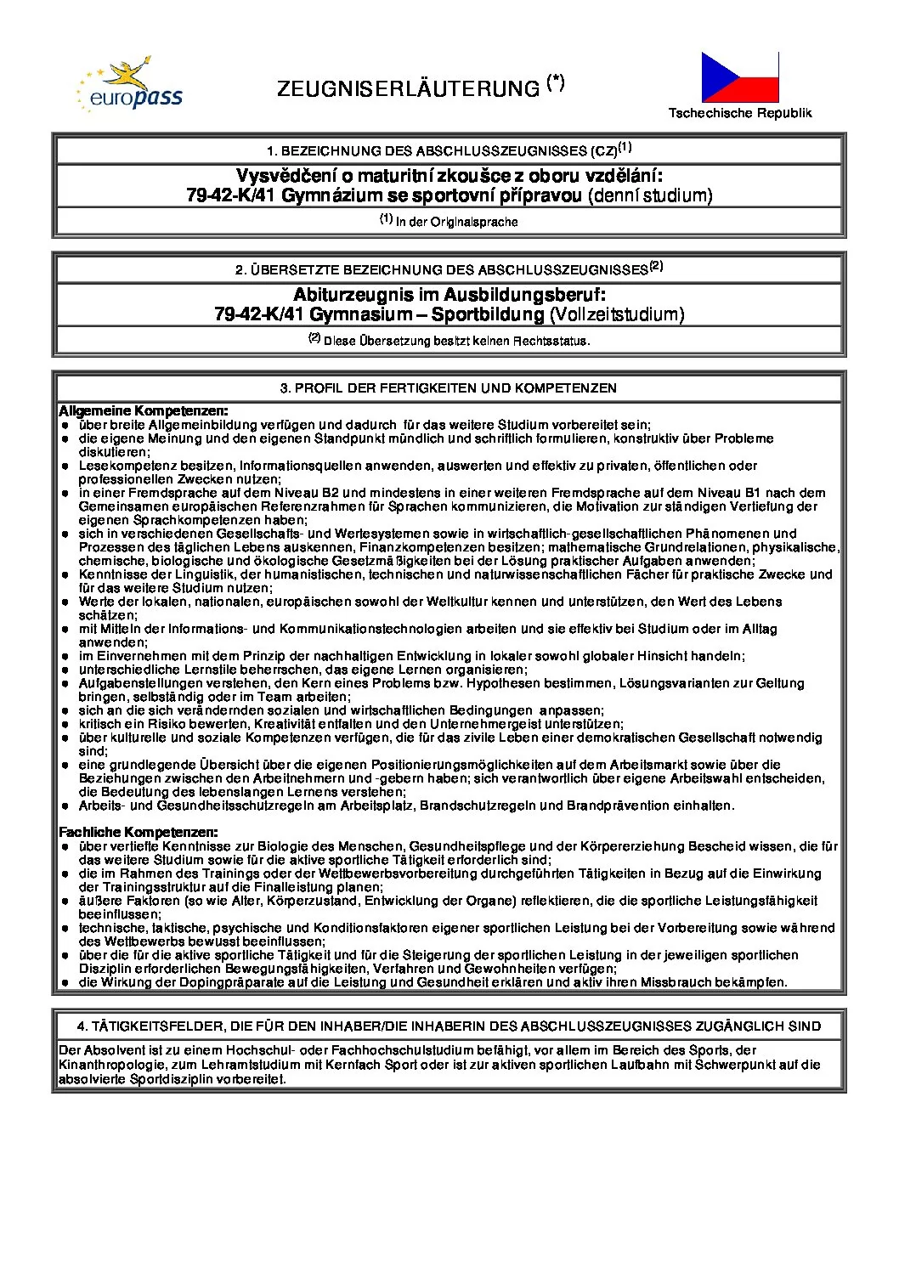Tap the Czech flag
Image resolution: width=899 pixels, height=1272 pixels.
tap(739, 77)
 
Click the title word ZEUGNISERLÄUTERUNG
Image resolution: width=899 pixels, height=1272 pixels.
tap(409, 89)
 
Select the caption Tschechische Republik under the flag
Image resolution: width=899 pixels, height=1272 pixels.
tap(739, 113)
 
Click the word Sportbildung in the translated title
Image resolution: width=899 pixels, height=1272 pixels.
tap(488, 314)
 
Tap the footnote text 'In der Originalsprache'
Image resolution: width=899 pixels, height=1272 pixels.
tap(456, 222)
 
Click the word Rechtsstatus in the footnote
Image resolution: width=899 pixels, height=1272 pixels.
tap(550, 341)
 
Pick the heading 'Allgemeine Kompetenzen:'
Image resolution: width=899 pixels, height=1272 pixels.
tap(143, 411)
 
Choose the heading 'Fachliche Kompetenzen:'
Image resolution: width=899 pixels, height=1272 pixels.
tap(138, 833)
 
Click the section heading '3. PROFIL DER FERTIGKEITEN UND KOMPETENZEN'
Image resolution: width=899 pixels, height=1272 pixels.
tap(449, 388)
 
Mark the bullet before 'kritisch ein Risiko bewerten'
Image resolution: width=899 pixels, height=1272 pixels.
tap(65, 724)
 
